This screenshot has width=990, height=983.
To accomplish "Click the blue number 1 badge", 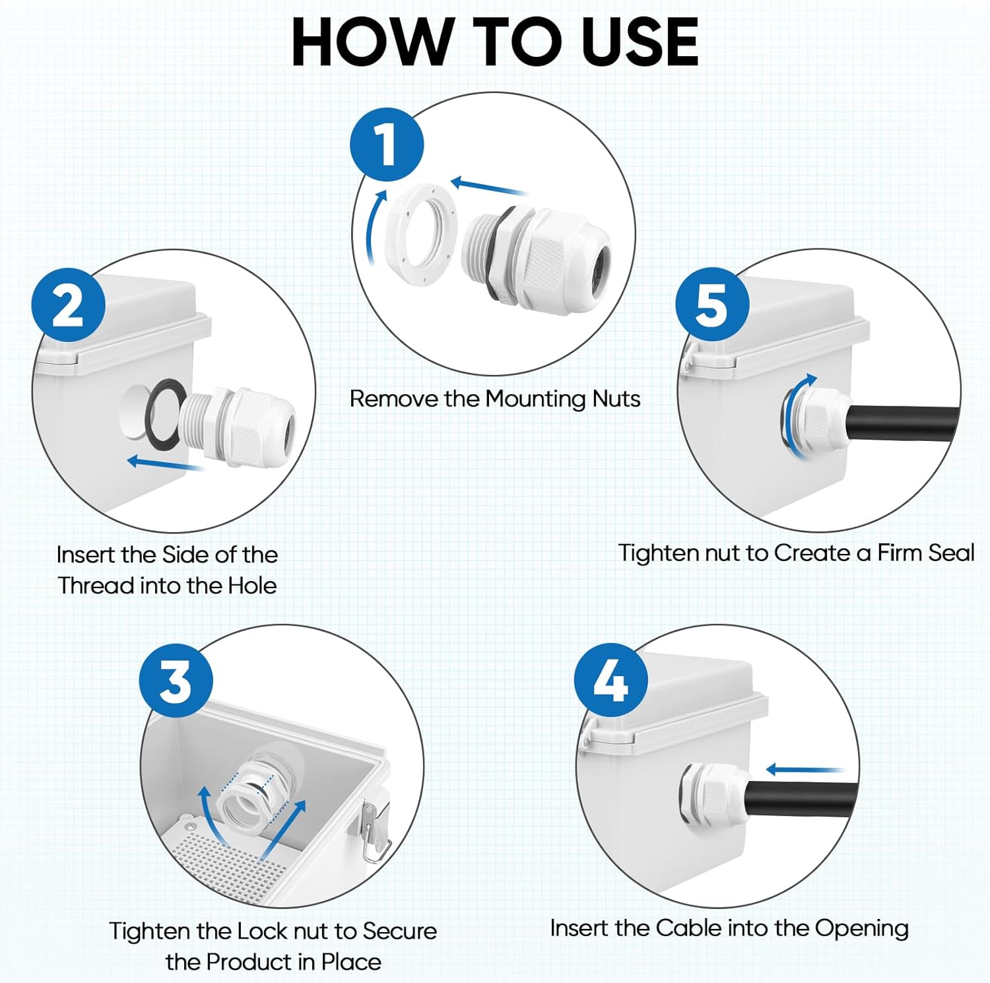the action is pyautogui.click(x=387, y=145).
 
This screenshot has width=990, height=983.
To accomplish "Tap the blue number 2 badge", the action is pyautogui.click(x=69, y=304).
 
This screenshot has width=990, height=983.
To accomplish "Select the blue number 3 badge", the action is pyautogui.click(x=176, y=680).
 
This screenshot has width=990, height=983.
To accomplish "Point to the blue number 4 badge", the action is pyautogui.click(x=611, y=680).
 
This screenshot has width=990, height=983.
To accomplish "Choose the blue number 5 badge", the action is pyautogui.click(x=712, y=304).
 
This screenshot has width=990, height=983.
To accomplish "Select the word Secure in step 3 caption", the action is pyautogui.click(x=399, y=931).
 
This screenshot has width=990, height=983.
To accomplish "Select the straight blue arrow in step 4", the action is pyautogui.click(x=805, y=769).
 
